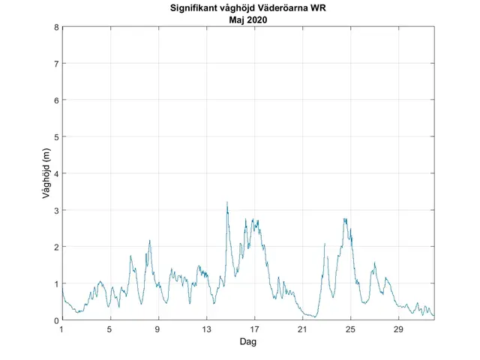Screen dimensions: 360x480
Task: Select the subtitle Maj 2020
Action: [x=248, y=20]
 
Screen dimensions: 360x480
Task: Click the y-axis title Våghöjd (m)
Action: [x=46, y=174]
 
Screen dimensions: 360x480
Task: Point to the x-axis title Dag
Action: [x=248, y=341]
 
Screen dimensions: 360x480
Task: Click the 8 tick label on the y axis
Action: [x=56, y=28]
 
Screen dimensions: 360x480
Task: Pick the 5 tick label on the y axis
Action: [x=56, y=137]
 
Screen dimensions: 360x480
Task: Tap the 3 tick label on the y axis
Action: [x=56, y=210]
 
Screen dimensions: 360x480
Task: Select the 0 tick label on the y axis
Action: [x=56, y=320]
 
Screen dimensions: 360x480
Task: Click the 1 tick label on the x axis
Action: [x=62, y=329]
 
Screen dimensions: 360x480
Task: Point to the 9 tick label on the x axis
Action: [x=158, y=329]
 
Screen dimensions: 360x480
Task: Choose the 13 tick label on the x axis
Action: [x=206, y=329]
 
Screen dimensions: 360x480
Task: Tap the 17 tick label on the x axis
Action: [x=254, y=329]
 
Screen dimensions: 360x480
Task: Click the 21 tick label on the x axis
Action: [x=302, y=329]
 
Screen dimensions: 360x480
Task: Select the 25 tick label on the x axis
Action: [x=350, y=329]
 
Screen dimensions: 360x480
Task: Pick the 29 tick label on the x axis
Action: [x=398, y=329]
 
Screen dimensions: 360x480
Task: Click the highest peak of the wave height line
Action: [x=226, y=202]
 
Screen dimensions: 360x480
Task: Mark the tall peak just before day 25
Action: [x=345, y=219]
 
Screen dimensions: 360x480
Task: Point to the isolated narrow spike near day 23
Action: [x=325, y=244]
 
